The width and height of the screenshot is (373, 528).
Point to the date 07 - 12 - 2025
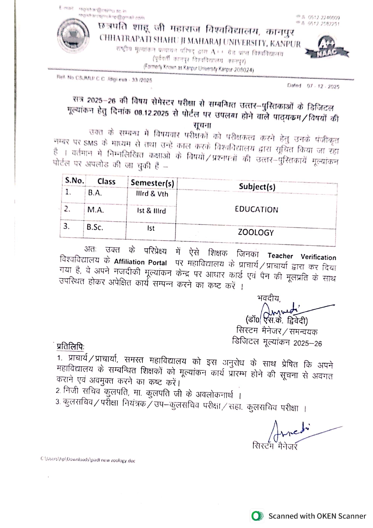point(323,87)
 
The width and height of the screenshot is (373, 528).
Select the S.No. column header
point(74,181)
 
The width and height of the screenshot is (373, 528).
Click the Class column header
point(106,182)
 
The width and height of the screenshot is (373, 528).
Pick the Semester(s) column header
point(152,183)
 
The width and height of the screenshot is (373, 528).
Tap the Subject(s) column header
point(257,187)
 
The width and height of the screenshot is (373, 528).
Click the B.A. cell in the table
point(95,193)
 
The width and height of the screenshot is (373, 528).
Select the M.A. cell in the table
point(96,210)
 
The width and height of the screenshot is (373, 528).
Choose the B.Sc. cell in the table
point(95,227)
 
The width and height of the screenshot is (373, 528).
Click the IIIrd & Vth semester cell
point(152,194)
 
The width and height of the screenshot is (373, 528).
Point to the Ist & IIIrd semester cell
point(151,211)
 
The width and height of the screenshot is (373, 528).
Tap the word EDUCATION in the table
point(256,210)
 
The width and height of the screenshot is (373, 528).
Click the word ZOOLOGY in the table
point(256,233)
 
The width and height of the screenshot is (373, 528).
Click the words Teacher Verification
point(302,257)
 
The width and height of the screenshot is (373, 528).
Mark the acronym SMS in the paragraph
point(91,143)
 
